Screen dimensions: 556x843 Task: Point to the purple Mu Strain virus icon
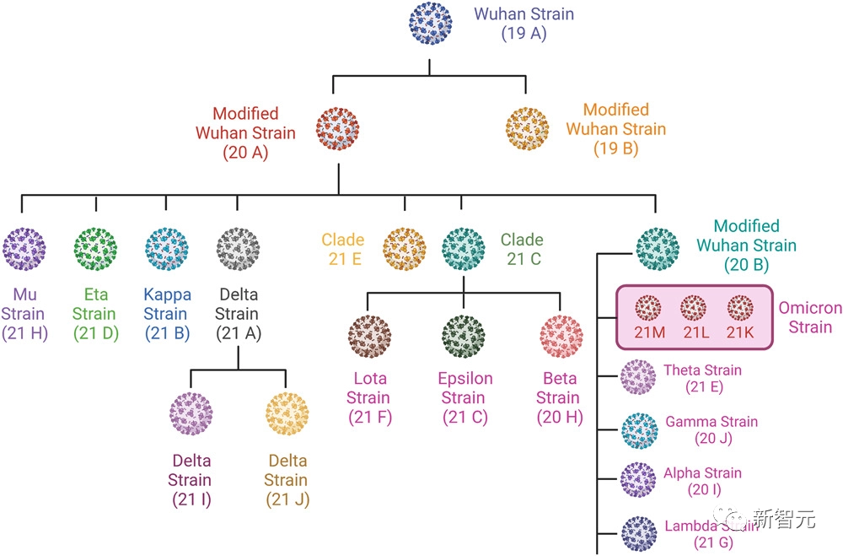click(24, 248)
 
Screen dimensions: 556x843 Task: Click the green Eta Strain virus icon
click(95, 248)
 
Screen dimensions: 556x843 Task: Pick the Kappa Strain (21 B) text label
click(166, 313)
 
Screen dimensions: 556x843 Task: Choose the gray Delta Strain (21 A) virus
click(239, 248)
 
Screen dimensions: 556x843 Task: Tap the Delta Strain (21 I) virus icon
click(191, 414)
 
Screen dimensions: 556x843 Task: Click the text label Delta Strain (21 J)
click(287, 480)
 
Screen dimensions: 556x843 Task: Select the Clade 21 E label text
click(343, 249)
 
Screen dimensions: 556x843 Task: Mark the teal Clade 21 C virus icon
click(464, 248)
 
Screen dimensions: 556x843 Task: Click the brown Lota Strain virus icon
click(369, 335)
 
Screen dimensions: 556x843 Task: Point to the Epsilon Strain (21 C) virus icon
click(464, 335)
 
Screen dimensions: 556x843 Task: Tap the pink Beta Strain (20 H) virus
click(561, 335)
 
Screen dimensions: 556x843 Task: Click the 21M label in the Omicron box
click(650, 332)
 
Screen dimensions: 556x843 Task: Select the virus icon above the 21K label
click(739, 305)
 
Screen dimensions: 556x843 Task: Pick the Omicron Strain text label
click(810, 317)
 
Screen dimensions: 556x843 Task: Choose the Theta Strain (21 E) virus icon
click(637, 378)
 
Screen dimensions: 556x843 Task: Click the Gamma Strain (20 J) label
click(711, 429)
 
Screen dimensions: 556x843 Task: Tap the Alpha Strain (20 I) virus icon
click(637, 481)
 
